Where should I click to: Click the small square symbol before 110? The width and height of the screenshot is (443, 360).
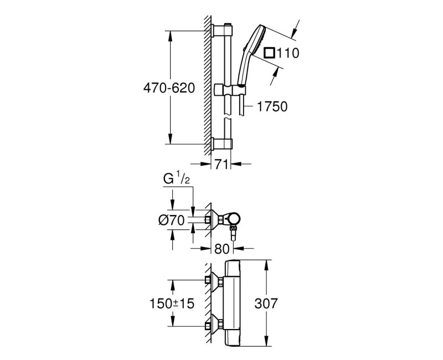[x=270, y=53]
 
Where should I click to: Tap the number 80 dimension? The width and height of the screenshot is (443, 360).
[x=222, y=249]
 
